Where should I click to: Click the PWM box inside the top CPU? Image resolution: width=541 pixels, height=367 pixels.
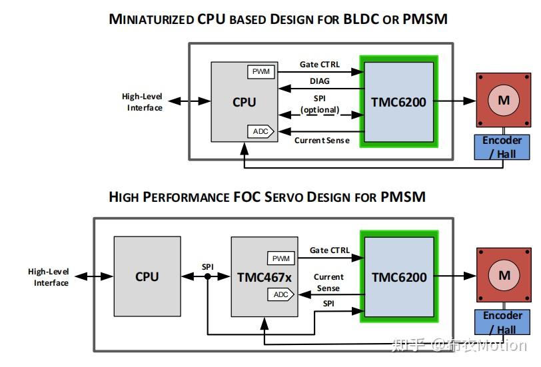pos(260,71)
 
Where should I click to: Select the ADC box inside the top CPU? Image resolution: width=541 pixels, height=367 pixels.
pos(261,131)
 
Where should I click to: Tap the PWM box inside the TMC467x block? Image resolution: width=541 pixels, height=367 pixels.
pos(280,258)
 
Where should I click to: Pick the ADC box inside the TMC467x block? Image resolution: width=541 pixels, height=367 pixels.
pos(280,294)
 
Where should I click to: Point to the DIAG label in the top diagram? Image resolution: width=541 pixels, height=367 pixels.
pos(319,81)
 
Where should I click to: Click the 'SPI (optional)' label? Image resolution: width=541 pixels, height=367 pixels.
pos(320,105)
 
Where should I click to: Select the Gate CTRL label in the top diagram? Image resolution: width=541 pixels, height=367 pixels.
pos(319,65)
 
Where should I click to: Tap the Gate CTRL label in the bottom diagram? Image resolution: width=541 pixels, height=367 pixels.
pos(329,250)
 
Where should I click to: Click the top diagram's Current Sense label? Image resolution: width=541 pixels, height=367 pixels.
pos(322,141)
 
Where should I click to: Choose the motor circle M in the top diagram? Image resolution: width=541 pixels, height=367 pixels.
pos(504,100)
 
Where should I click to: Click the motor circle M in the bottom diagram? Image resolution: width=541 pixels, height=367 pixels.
pos(504,275)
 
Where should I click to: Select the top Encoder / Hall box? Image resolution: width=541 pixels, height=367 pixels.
pos(502,147)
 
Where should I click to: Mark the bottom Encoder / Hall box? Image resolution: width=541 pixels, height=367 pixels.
pos(502,322)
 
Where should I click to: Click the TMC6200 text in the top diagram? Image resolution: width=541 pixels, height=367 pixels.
pos(398,102)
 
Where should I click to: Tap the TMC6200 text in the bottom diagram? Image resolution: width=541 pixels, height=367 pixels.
pos(398,276)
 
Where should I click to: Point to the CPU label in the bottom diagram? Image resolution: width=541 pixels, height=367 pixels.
pos(147,276)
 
